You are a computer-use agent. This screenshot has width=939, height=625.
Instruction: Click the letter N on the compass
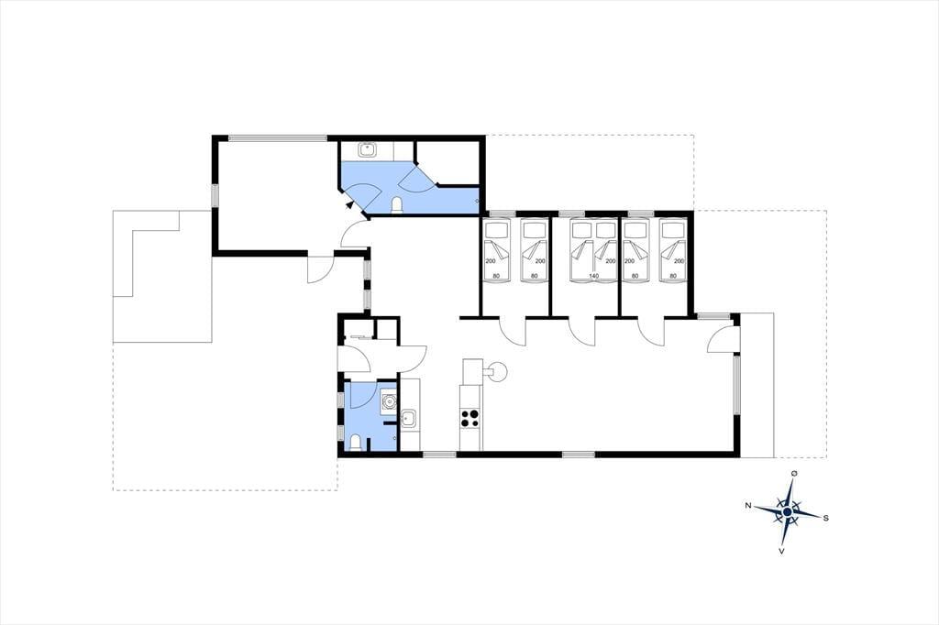748,506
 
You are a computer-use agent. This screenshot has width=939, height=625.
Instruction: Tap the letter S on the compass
826,518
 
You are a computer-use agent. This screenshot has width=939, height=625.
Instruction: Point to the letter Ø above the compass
794,474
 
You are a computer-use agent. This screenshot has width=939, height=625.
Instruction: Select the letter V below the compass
781,551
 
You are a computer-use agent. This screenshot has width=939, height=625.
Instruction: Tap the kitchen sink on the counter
410,418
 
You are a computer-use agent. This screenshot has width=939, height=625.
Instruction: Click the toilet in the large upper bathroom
396,206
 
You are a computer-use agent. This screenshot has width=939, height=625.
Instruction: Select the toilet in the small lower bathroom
355,443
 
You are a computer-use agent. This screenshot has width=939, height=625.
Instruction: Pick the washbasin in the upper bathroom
367,149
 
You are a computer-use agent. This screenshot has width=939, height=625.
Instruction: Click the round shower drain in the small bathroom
390,401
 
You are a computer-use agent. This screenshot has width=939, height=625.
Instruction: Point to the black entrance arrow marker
350,204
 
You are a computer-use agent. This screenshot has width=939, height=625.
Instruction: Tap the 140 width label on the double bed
593,276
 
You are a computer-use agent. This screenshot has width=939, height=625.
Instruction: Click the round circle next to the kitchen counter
497,372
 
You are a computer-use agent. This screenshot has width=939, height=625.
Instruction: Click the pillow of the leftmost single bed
496,229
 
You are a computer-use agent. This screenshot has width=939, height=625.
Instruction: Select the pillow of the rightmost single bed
672,229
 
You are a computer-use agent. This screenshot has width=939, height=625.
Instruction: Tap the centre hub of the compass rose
787,512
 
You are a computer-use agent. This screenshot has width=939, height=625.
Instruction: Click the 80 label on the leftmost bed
496,276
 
